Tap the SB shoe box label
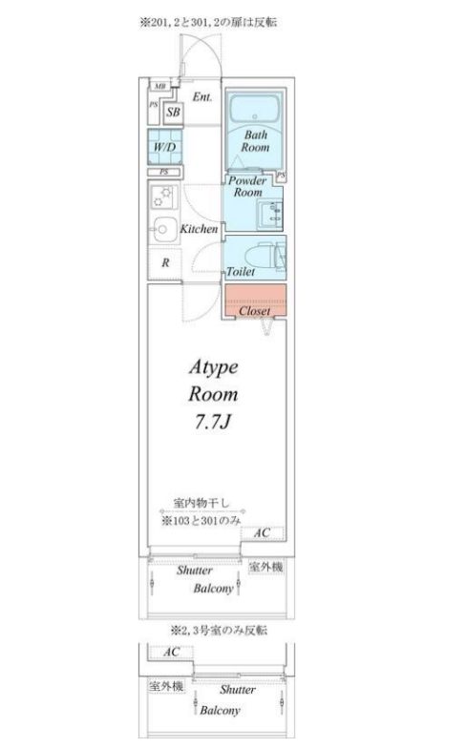(173, 113)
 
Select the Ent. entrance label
(202, 97)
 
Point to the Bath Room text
(255, 141)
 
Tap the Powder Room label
(247, 186)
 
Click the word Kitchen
(200, 229)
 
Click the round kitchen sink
(161, 229)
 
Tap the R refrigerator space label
(165, 262)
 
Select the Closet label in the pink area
(254, 311)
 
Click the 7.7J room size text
(212, 422)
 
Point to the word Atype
(211, 366)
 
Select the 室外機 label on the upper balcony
(265, 567)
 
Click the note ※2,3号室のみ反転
(219, 631)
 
